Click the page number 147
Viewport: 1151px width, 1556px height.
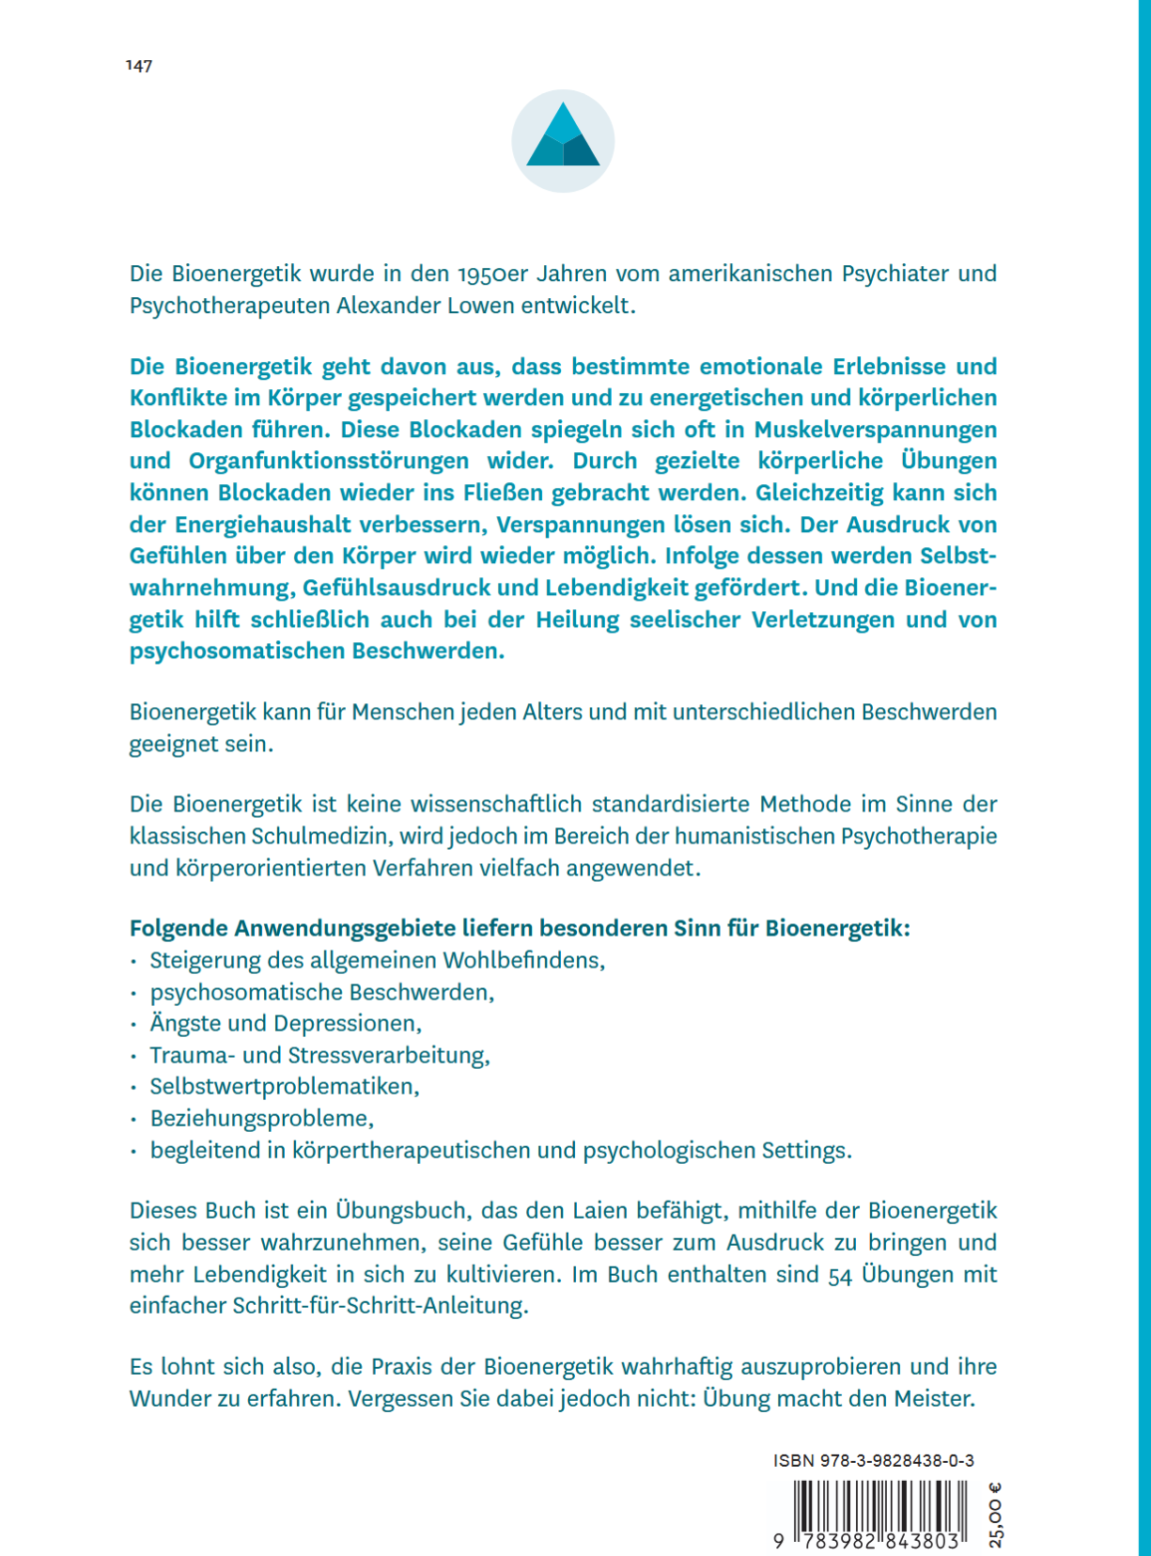(139, 66)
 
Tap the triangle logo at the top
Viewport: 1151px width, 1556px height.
(563, 140)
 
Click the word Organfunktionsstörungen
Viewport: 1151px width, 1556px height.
(329, 461)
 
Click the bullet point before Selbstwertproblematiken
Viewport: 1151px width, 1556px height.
(133, 1088)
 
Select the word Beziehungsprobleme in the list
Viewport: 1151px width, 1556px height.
(260, 1119)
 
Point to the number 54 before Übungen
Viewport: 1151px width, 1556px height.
(840, 1275)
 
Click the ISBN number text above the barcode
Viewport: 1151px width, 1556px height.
(873, 1460)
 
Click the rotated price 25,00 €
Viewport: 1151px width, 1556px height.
(996, 1515)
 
